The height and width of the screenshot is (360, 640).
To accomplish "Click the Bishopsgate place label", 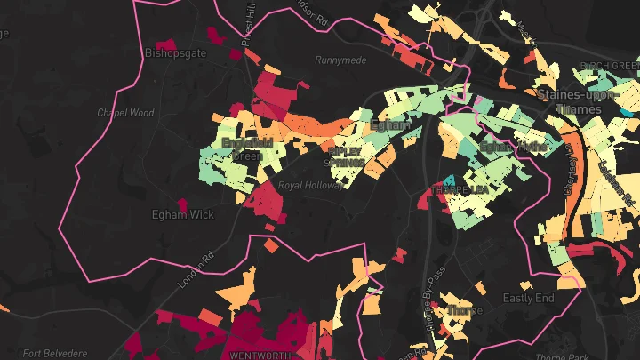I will point(174,53).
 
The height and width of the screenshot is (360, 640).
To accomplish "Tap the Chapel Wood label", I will point(125,114).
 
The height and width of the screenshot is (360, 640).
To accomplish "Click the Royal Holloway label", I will point(310,186).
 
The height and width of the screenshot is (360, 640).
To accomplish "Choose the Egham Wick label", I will point(183,214).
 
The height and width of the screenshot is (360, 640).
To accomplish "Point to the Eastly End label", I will point(528,298).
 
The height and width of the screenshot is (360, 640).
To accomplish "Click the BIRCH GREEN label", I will point(610,66).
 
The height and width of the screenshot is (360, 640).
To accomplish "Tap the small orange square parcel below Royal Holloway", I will point(271,244).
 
